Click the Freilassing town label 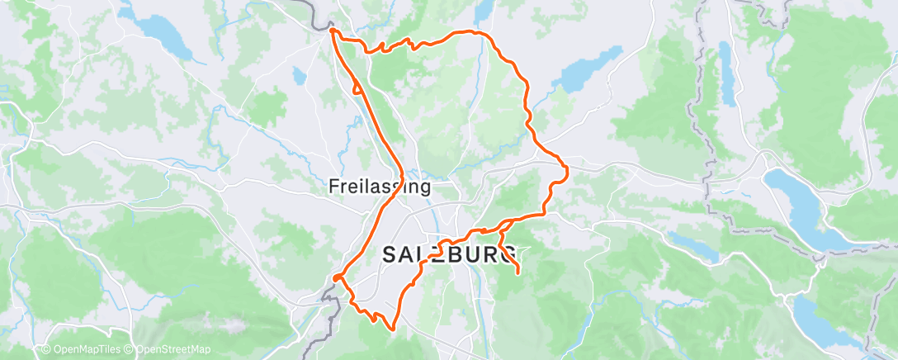[380, 187]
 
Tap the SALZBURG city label [451, 254]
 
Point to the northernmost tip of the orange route [332, 30]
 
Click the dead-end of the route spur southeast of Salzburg [518, 272]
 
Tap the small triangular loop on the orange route [357, 88]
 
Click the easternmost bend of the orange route [568, 171]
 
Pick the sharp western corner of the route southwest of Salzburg [334, 278]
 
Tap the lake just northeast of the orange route [589, 69]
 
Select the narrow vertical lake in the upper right [725, 74]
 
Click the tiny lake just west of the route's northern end [299, 77]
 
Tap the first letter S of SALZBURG [390, 255]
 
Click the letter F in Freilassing [333, 187]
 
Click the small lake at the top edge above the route [482, 10]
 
